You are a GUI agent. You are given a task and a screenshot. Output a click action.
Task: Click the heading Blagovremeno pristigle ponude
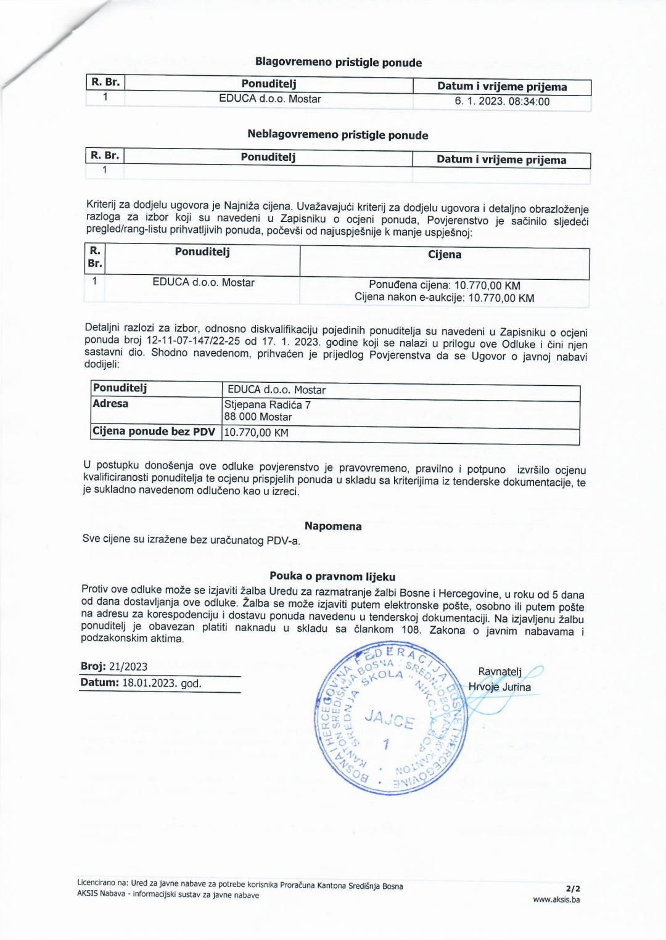point(339,62)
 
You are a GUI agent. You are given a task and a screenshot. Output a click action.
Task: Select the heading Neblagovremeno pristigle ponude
point(337,135)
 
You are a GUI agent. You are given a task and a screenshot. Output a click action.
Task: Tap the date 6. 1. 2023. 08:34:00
point(502,102)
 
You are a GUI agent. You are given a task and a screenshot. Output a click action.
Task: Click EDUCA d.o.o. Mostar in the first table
point(269,99)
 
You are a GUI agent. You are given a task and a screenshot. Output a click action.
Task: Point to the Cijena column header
point(445,255)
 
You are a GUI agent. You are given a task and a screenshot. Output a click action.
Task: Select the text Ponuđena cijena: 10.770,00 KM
point(445,285)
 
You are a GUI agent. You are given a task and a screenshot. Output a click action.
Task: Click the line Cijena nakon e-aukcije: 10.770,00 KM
point(445,298)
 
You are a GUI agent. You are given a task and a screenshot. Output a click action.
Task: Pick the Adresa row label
point(111,404)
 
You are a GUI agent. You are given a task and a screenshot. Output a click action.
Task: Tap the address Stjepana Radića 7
point(268,405)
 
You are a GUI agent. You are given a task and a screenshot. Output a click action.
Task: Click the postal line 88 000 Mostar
point(258,417)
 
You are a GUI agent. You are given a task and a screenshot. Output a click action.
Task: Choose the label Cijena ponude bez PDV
point(154,431)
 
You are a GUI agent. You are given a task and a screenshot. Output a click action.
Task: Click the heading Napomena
point(333,526)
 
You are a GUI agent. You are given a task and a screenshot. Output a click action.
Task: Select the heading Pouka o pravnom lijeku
point(332,577)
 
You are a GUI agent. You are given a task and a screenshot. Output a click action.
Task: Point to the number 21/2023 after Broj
point(128,667)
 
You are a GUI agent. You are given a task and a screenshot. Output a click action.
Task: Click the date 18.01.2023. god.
point(162,684)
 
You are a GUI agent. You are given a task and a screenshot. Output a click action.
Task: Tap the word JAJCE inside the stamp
point(389,719)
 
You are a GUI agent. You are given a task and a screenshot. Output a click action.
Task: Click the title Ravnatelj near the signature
point(499,672)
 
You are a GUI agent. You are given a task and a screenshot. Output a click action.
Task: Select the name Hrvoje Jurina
point(499,687)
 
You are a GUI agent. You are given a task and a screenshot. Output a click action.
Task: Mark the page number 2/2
point(573,889)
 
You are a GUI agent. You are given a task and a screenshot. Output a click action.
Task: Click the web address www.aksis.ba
point(556,900)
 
